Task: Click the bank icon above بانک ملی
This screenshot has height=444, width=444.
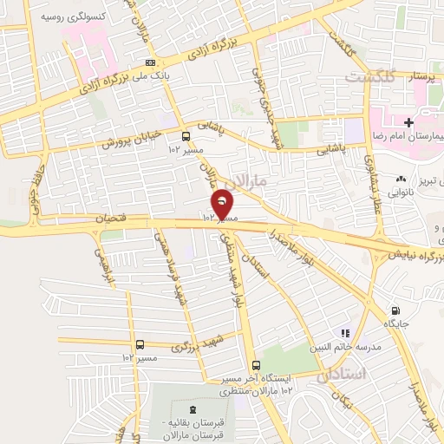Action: tap(151, 62)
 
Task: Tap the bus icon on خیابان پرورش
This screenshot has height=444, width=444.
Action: tap(186, 136)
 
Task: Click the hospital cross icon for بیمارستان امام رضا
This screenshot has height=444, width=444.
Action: tap(408, 124)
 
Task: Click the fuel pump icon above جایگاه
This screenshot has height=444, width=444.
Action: tap(396, 311)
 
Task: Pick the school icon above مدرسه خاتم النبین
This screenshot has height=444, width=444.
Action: tap(345, 332)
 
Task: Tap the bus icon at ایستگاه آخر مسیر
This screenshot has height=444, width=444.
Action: tap(255, 366)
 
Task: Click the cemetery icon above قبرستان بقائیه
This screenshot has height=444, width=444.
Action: tap(192, 409)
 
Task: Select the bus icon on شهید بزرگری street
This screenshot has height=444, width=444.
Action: tap(140, 345)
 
